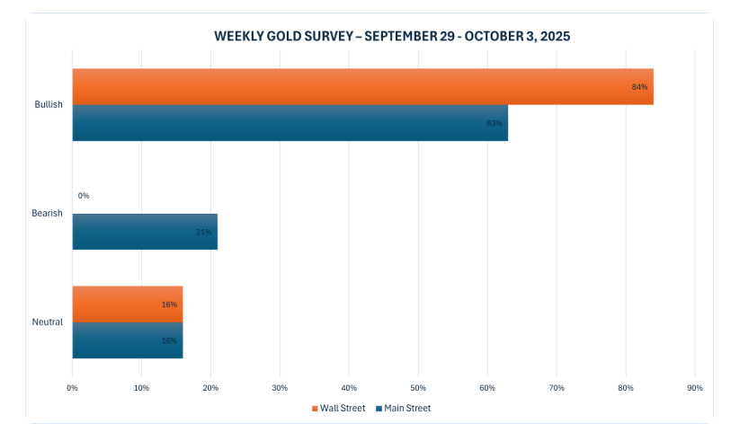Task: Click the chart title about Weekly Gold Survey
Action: coord(392,37)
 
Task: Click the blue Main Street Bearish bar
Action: coord(145,232)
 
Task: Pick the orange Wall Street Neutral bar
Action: coord(127,304)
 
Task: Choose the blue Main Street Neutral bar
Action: coord(127,340)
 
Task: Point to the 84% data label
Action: coord(639,87)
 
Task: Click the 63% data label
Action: coord(494,123)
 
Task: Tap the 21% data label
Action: coord(203,232)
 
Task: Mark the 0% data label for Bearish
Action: coord(84,196)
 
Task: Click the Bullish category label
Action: coord(49,105)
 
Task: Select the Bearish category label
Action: coord(48,214)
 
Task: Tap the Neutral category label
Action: coord(48,322)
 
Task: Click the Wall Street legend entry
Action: coord(338,408)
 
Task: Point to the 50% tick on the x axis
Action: coord(418,388)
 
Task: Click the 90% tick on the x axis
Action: coord(694,388)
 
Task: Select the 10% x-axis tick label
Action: coord(141,388)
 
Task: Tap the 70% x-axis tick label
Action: coord(556,388)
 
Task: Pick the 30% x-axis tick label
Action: coord(280,388)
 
